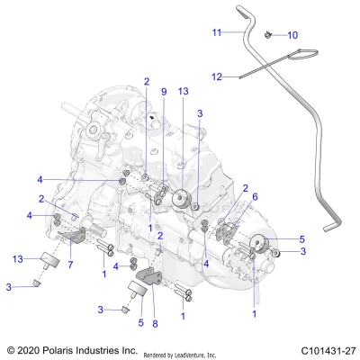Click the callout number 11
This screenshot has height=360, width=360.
click(216, 31)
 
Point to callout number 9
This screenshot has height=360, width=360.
click(164, 92)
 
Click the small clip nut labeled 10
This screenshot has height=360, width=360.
click(269, 34)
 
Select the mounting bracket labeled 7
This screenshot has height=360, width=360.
click(76, 238)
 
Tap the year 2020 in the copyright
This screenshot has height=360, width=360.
click(31, 348)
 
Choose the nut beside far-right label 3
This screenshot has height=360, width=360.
click(277, 253)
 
